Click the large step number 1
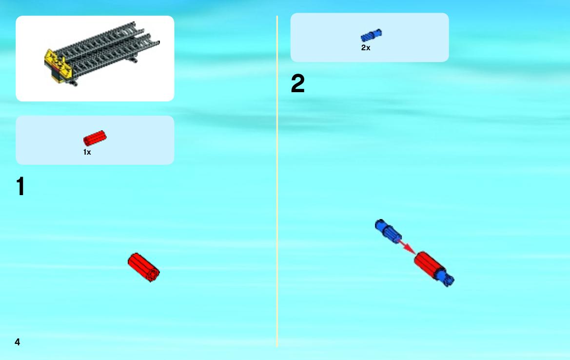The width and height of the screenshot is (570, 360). click(20, 186)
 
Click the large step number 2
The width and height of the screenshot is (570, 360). click(298, 83)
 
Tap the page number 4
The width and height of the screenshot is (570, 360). click(18, 342)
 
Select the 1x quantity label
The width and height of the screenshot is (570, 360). click(87, 152)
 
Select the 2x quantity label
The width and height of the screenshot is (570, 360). click(366, 48)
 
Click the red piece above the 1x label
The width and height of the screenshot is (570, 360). click(95, 138)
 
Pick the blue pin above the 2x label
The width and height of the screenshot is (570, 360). click(371, 35)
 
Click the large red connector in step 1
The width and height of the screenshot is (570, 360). click(143, 267)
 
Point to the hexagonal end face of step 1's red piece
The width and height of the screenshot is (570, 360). click(153, 274)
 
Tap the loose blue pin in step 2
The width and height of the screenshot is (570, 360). click(388, 231)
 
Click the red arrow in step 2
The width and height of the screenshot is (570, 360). click(408, 246)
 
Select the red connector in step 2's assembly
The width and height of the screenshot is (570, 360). click(430, 265)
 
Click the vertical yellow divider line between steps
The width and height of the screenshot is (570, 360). click(277, 181)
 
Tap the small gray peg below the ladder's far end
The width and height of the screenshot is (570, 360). click(134, 60)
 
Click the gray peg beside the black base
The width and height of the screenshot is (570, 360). click(74, 83)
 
